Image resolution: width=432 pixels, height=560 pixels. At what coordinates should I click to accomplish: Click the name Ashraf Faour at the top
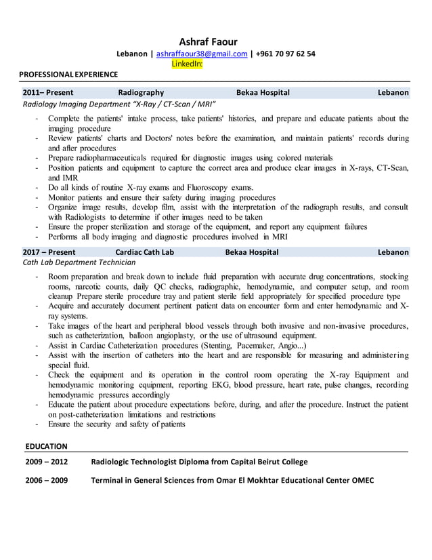[x=208, y=41]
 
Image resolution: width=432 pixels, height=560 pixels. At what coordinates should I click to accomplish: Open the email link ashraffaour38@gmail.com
[x=202, y=54]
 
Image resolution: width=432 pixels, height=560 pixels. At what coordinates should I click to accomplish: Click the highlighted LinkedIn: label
[x=187, y=64]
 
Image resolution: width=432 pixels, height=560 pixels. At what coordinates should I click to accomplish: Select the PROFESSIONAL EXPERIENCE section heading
[x=68, y=74]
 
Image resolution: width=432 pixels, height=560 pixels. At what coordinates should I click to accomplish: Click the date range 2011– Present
[x=48, y=92]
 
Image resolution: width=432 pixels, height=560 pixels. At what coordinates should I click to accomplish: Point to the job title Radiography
[x=141, y=92]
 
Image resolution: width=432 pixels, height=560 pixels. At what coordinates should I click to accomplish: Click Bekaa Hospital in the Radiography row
[x=263, y=92]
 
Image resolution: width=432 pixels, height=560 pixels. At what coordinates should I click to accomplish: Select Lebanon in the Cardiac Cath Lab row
[x=393, y=252]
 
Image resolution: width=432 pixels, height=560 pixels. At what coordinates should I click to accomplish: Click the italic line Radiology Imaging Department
[x=119, y=104]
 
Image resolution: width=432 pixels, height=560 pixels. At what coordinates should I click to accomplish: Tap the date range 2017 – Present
[x=48, y=252]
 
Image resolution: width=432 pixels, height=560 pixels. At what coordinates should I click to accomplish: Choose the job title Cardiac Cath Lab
[x=144, y=252]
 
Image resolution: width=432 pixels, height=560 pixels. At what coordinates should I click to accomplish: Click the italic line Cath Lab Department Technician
[x=79, y=262]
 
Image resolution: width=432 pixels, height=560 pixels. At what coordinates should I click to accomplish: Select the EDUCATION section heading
[x=46, y=446]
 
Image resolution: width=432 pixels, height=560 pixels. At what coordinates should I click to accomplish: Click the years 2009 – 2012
[x=45, y=462]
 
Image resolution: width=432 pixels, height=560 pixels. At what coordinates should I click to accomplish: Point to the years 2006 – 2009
[x=45, y=481]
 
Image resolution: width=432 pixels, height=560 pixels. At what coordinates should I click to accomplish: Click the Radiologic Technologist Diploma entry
[x=199, y=462]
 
